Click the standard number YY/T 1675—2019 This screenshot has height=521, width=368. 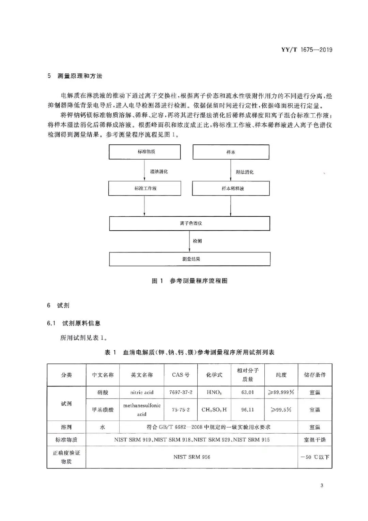pyautogui.click(x=307, y=50)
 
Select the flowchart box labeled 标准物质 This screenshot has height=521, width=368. pyautogui.click(x=145, y=152)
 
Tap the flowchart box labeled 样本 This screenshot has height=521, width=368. pyautogui.click(x=231, y=152)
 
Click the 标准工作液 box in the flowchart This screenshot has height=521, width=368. pyautogui.click(x=145, y=188)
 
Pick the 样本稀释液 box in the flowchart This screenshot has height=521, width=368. pyautogui.click(x=231, y=188)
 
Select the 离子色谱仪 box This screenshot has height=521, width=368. pyautogui.click(x=189, y=223)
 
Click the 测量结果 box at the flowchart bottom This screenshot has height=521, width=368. pyautogui.click(x=189, y=259)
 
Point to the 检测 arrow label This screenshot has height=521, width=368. pyautogui.click(x=197, y=241)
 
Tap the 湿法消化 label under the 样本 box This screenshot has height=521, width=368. pyautogui.click(x=245, y=172)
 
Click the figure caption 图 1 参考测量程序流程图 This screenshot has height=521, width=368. pyautogui.click(x=189, y=281)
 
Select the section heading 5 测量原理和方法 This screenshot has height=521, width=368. pyautogui.click(x=75, y=76)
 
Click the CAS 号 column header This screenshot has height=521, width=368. pyautogui.click(x=181, y=375)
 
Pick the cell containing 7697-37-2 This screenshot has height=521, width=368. pyautogui.click(x=181, y=392)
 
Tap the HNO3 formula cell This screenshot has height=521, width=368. pyautogui.click(x=214, y=392)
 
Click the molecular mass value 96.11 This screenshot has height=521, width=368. pyautogui.click(x=248, y=409)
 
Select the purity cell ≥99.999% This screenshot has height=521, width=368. pyautogui.click(x=281, y=392)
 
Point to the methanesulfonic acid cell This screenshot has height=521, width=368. pyautogui.click(x=142, y=409)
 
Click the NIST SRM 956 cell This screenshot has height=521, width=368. pyautogui.click(x=192, y=457)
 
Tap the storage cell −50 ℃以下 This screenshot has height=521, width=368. pyautogui.click(x=315, y=457)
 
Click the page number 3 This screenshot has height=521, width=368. pyautogui.click(x=322, y=486)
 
